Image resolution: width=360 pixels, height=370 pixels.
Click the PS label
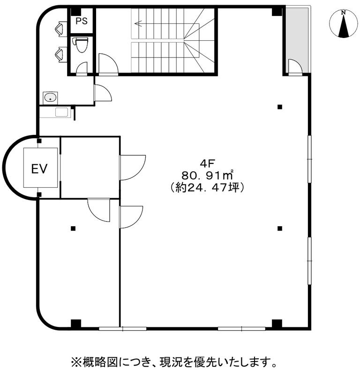(82, 21)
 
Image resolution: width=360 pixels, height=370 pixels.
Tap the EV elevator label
(39, 169)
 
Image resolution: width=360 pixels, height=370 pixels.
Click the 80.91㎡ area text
(207, 175)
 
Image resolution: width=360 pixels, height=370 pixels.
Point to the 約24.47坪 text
(207, 188)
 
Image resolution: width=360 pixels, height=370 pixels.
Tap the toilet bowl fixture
(81, 44)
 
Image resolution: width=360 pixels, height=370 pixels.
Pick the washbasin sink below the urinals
(50, 97)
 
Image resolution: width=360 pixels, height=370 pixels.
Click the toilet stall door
(82, 68)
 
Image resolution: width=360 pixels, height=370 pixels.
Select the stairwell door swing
(108, 64)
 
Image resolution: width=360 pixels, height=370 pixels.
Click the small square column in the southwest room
(73, 228)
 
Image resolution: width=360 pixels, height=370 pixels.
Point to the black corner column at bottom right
(277, 324)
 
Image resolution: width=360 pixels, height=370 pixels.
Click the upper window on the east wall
(309, 159)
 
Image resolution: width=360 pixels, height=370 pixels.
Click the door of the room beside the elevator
(132, 168)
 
